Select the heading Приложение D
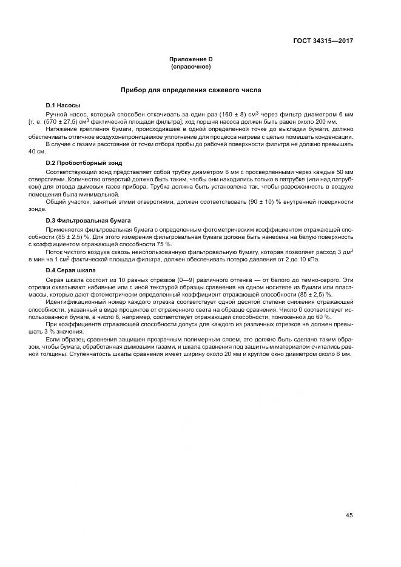[x=190, y=59]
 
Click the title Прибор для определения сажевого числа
[x=190, y=90]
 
